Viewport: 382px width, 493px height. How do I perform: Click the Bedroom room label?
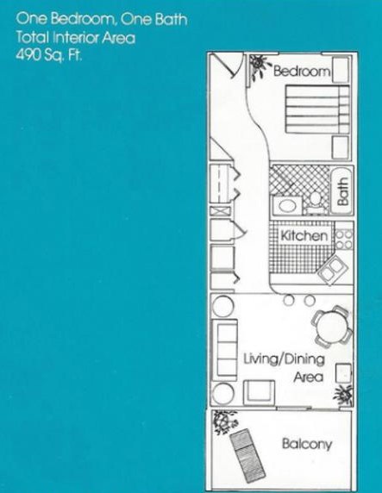pos(302,71)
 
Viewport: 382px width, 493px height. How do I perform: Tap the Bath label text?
pos(342,191)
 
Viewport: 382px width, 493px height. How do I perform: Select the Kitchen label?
pos(304,235)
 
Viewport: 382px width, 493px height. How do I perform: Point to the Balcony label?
pos(307,444)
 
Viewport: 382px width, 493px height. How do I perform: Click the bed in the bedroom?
pos(317,109)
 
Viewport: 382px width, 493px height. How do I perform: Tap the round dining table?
pos(332,327)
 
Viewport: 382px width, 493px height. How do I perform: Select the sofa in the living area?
pos(225,350)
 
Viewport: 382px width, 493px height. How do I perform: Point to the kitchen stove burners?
pos(343,240)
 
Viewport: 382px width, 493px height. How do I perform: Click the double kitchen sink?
pos(332,270)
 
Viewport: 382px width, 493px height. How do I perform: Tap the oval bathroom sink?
pos(287,206)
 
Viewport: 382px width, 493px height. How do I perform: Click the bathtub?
pos(342,190)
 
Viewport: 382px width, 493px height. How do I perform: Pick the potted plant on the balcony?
pos(224,421)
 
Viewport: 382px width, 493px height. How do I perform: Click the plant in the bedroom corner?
pos(260,66)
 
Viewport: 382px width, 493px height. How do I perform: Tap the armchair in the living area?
pos(259,392)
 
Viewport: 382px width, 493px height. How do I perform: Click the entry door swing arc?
pos(239,66)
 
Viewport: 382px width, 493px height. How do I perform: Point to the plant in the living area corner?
pos(343,394)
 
